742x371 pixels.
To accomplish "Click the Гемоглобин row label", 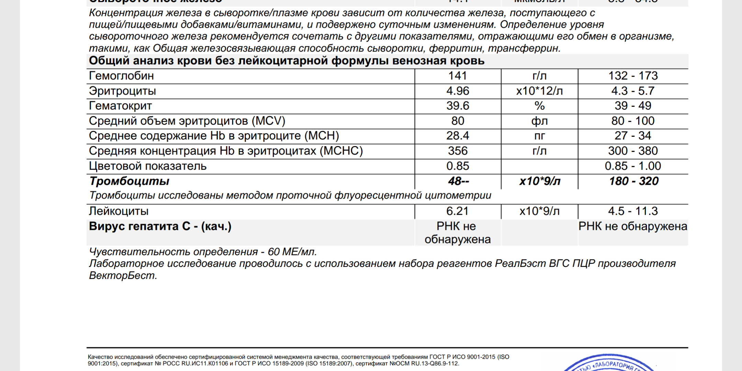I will [x=121, y=76].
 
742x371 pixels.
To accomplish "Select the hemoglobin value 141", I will [x=458, y=76].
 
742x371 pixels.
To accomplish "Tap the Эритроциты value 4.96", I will [x=458, y=91].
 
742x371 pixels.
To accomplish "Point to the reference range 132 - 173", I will [x=633, y=76].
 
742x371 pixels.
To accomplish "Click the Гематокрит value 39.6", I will [x=458, y=106].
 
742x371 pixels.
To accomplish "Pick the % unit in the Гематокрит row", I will [x=539, y=106].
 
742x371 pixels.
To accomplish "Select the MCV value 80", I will [x=458, y=121].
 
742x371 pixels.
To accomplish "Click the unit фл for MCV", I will [x=539, y=121].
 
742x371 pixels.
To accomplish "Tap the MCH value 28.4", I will [x=458, y=136].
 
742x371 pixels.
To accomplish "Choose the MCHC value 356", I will [x=458, y=151].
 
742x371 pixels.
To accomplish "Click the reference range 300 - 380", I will [x=633, y=151].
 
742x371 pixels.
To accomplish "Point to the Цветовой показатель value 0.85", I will [x=458, y=166].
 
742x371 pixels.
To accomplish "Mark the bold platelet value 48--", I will [x=458, y=181].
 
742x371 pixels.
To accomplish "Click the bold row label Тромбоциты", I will [x=129, y=181].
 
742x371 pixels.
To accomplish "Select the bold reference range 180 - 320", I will [x=633, y=181].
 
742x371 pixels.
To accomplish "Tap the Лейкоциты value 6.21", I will [x=458, y=211].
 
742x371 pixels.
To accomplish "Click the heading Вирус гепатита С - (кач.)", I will [x=160, y=226].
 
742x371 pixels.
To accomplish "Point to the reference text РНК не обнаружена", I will [x=633, y=226].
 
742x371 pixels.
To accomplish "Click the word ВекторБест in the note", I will [x=123, y=276].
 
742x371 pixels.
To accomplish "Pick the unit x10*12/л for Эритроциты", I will [x=539, y=91].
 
